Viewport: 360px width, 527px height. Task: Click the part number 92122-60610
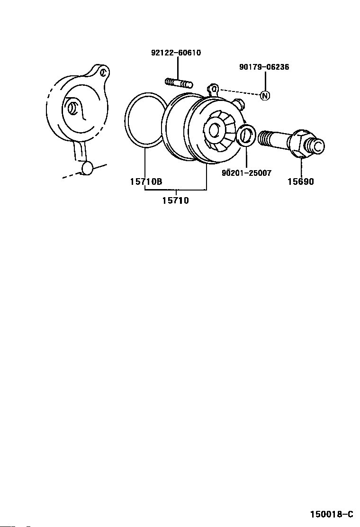click(176, 53)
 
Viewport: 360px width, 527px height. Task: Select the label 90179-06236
click(264, 67)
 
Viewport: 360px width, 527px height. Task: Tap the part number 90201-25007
click(246, 173)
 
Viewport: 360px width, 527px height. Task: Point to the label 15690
click(300, 182)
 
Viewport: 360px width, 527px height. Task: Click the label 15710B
click(146, 182)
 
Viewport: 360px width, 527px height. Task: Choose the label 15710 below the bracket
click(175, 200)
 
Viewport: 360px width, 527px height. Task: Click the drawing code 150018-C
click(332, 514)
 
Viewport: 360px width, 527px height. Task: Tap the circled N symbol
click(265, 95)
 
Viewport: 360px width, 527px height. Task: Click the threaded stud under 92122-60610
click(179, 83)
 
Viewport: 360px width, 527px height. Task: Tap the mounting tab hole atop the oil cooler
click(214, 89)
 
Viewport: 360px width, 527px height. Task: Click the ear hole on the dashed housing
click(104, 72)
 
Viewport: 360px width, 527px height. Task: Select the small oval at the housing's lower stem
click(88, 167)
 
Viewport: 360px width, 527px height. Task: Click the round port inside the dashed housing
click(72, 108)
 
